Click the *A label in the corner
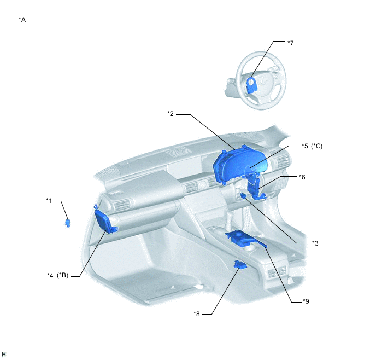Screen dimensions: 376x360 (22, 20)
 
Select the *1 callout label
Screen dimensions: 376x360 (49, 200)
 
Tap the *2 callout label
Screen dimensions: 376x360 (171, 113)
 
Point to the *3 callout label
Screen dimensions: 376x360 (315, 243)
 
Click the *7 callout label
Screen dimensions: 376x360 (290, 43)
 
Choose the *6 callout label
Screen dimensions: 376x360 (302, 177)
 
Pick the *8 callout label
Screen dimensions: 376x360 (197, 314)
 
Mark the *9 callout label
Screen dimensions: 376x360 (305, 301)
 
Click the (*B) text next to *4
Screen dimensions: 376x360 (63, 275)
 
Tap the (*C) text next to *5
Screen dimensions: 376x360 (317, 146)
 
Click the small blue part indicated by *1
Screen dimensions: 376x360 (68, 223)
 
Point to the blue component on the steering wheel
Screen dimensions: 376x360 (251, 85)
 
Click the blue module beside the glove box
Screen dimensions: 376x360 (105, 220)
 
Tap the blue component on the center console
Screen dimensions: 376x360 (245, 239)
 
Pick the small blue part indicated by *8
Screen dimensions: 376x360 (240, 265)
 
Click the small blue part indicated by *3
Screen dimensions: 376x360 (243, 195)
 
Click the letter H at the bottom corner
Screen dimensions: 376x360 (4, 354)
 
